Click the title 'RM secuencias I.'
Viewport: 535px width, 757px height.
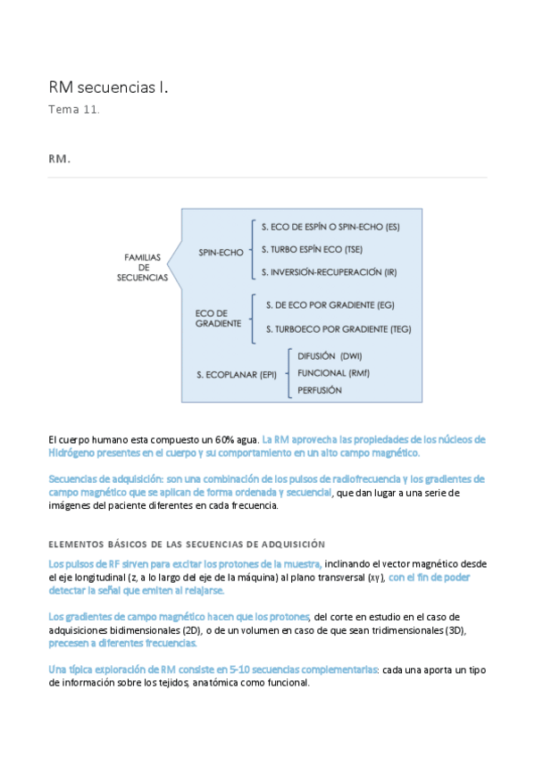click(108, 87)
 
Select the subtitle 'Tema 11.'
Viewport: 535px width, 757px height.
click(74, 110)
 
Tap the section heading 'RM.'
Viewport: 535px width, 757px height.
click(59, 159)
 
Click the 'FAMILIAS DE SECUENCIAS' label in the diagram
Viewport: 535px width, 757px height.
click(142, 267)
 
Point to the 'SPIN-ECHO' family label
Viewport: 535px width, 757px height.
click(221, 253)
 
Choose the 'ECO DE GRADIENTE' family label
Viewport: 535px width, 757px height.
click(218, 319)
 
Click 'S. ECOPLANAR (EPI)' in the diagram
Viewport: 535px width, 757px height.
click(237, 374)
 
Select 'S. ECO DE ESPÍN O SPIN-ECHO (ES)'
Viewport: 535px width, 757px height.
click(330, 227)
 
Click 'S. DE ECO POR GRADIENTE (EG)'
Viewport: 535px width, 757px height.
click(330, 305)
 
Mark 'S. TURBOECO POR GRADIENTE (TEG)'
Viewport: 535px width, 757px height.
click(338, 329)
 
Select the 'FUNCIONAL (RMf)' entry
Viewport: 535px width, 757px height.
click(333, 372)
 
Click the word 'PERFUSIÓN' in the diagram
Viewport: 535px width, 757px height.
click(320, 390)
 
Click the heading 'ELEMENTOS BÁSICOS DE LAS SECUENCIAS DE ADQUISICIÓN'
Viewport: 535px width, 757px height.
click(187, 544)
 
